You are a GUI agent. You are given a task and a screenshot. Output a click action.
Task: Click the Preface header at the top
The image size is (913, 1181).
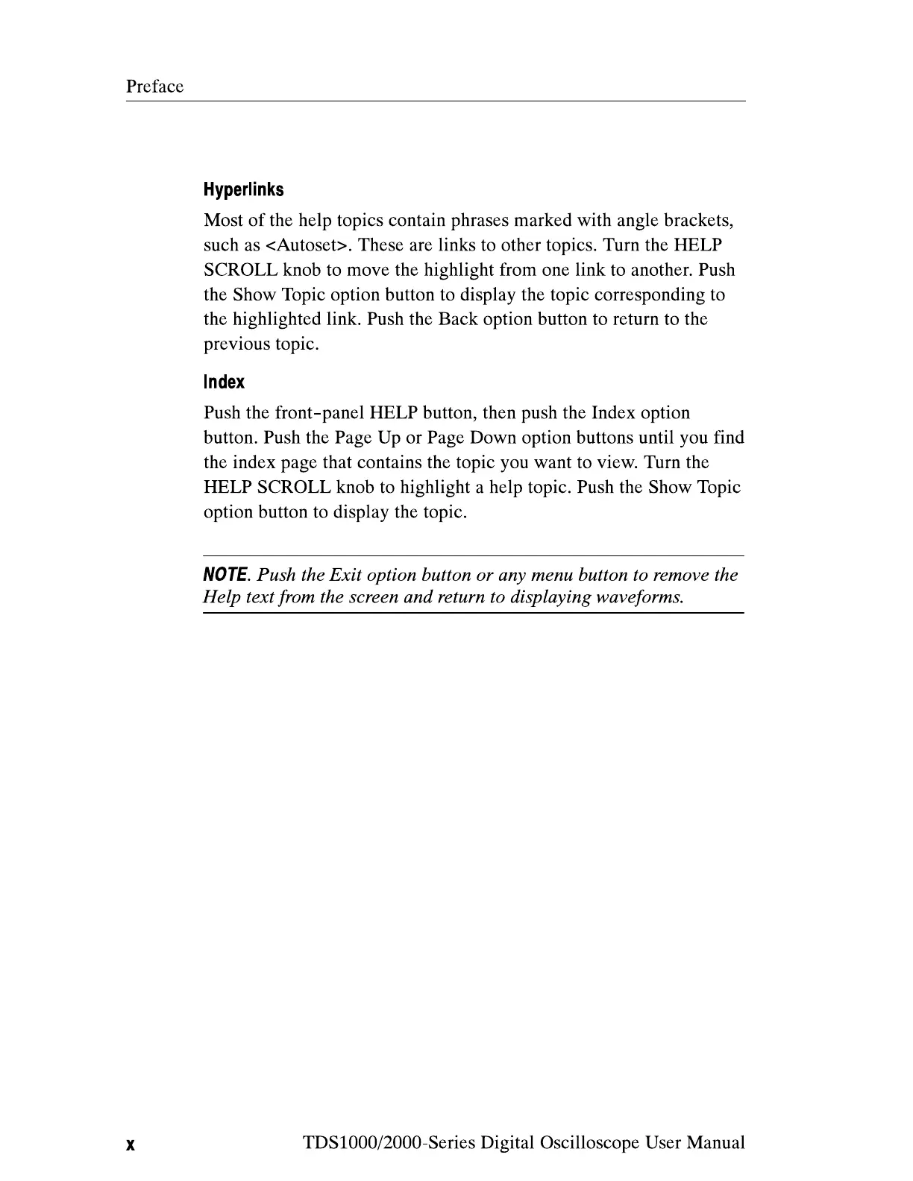[154, 86]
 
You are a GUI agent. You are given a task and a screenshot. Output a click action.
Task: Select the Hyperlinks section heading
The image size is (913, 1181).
[243, 189]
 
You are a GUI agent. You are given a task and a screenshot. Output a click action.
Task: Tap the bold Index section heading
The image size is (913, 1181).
[224, 382]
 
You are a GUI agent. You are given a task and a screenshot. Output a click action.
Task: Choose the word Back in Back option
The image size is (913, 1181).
[458, 319]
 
